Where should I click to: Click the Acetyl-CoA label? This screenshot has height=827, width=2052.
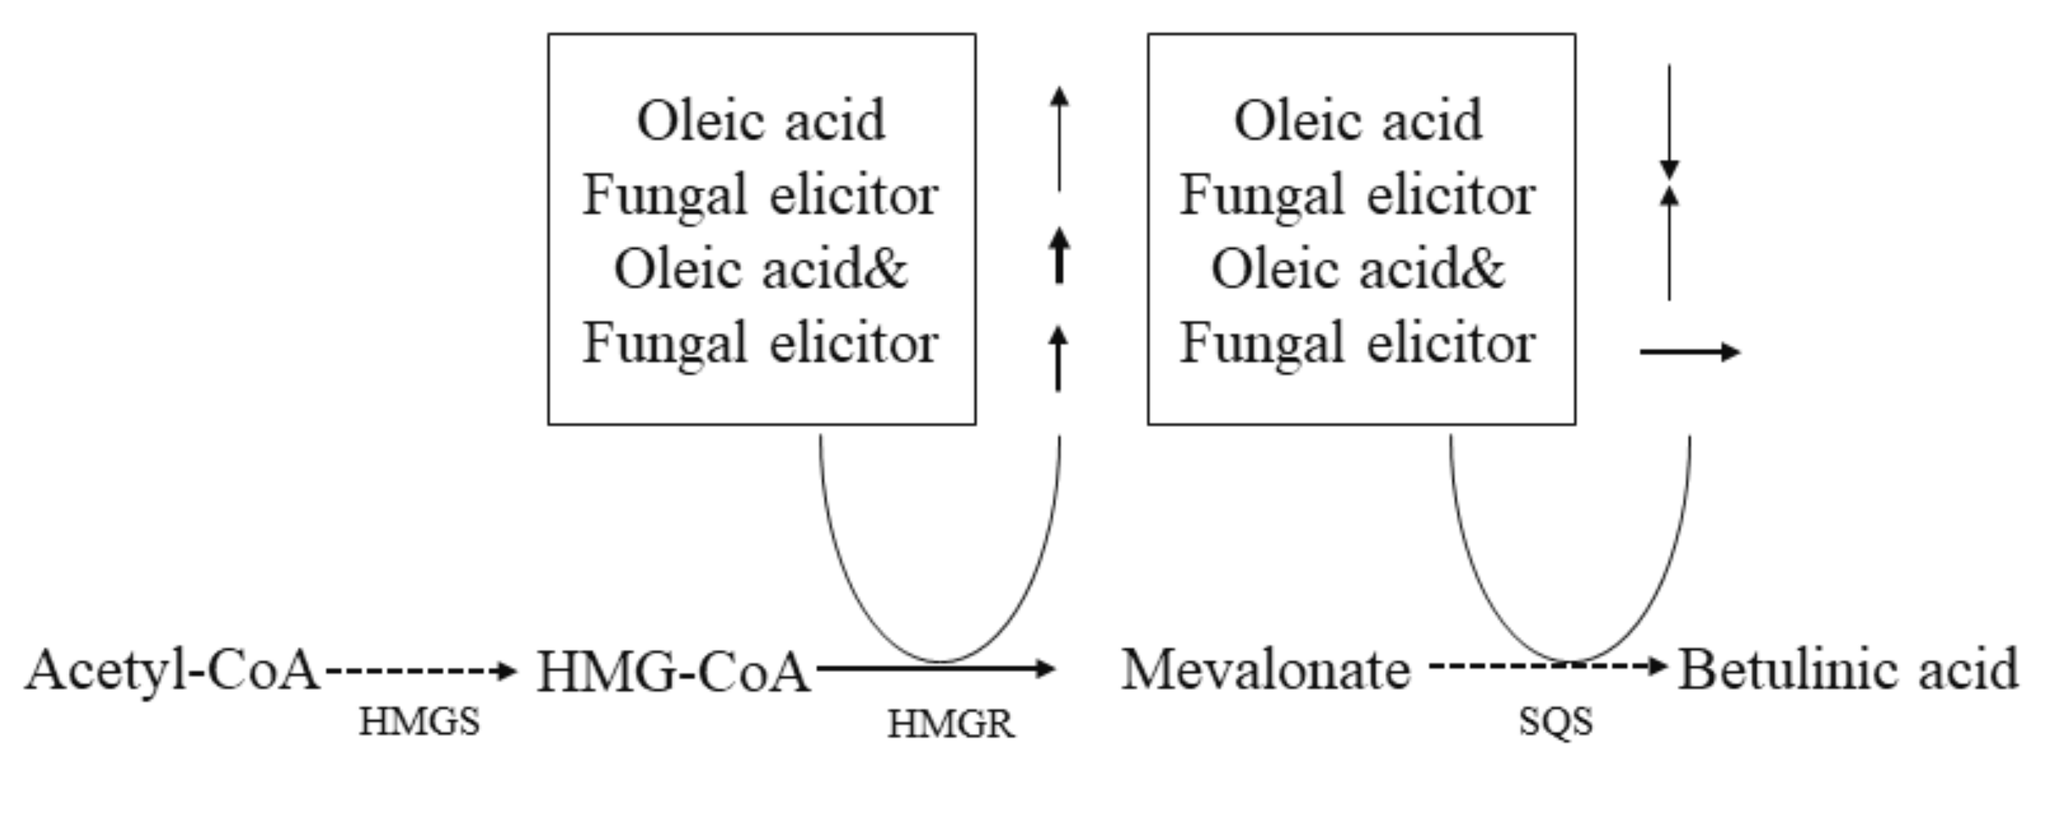tap(172, 670)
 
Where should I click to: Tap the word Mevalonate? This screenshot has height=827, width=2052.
tap(1265, 670)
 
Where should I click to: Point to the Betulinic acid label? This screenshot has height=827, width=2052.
tap(1848, 670)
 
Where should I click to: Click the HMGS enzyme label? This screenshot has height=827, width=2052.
tap(419, 723)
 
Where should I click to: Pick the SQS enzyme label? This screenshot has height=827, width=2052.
tap(1555, 722)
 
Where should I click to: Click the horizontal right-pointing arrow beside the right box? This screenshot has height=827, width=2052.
tap(1688, 352)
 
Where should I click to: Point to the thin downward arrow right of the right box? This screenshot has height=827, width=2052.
tap(1670, 119)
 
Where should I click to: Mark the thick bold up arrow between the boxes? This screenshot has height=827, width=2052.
tap(1059, 255)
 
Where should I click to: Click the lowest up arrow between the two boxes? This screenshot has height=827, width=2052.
tap(1058, 358)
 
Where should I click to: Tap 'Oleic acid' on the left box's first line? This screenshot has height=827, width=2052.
tap(761, 121)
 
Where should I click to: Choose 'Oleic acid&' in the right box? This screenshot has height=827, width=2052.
tap(1358, 269)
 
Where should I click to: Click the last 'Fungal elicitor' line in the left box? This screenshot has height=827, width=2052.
tap(761, 343)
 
